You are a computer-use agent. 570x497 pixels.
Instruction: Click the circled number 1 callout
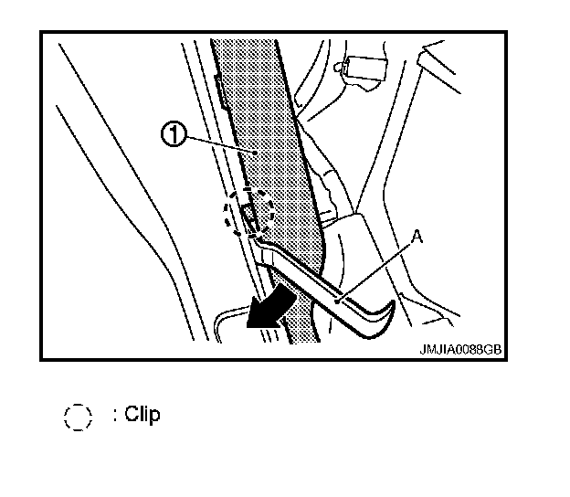(x=173, y=136)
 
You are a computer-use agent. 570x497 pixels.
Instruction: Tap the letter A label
(x=417, y=237)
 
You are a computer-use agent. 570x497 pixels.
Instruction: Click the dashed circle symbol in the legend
(x=79, y=417)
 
